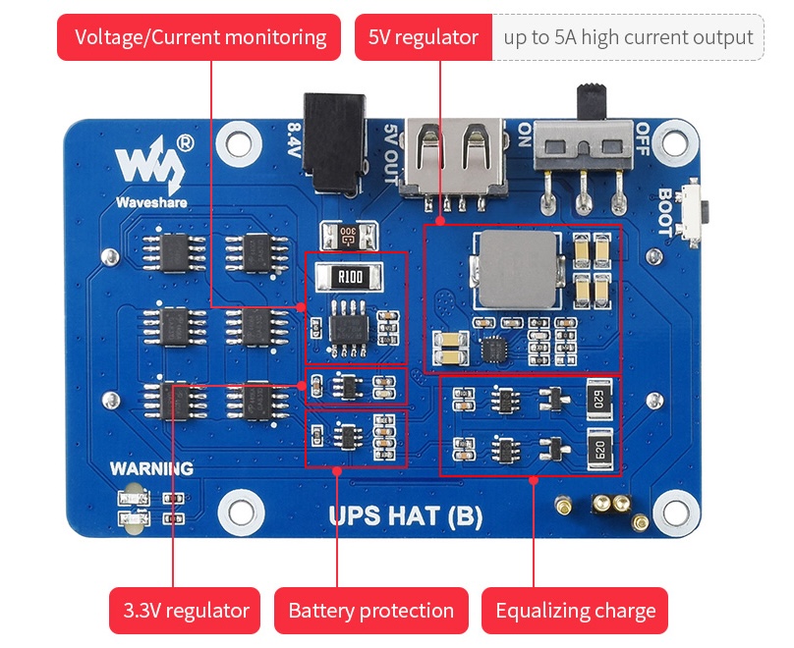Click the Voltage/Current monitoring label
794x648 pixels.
(x=199, y=37)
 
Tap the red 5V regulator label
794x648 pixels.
(x=424, y=37)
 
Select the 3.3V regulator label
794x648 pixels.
(x=185, y=611)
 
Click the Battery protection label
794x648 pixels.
(x=371, y=611)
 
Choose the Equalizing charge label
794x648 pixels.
(x=575, y=611)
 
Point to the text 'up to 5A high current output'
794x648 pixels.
(x=628, y=37)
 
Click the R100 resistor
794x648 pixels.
(x=349, y=276)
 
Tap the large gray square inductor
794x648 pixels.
(x=518, y=269)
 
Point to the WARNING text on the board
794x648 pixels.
(x=152, y=468)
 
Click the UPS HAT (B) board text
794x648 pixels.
(x=406, y=516)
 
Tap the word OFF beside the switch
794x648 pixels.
(x=642, y=139)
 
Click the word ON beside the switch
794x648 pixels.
(x=525, y=135)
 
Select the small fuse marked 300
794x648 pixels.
(x=349, y=236)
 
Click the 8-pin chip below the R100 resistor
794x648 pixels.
(x=349, y=328)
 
